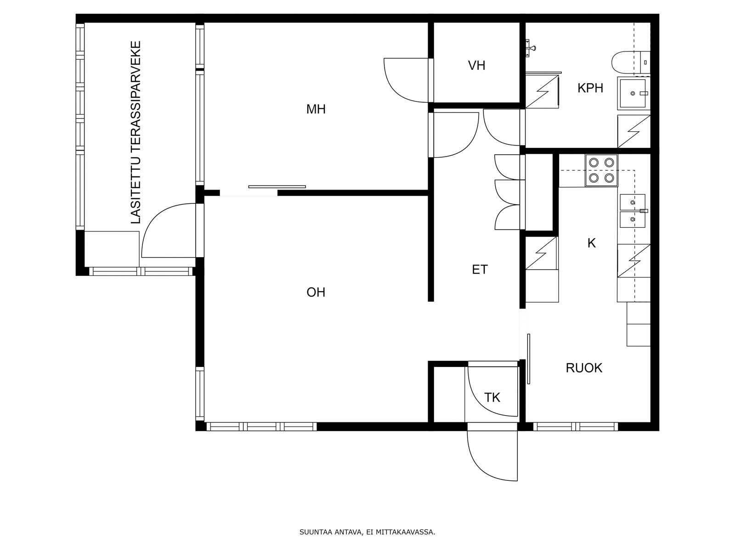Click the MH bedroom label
(x=316, y=109)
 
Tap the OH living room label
(x=316, y=292)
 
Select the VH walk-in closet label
(x=476, y=66)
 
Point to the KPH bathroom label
(x=590, y=88)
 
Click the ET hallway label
(x=480, y=270)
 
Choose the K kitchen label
(x=592, y=243)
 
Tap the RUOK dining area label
(x=584, y=368)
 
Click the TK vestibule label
(x=492, y=398)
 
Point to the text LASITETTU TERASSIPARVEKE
(x=136, y=133)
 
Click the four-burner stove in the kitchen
(x=601, y=170)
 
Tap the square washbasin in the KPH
(x=633, y=93)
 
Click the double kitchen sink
(x=633, y=211)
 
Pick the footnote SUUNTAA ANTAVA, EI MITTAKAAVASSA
(x=367, y=532)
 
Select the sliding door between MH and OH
(x=277, y=187)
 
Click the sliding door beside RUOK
(x=528, y=359)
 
